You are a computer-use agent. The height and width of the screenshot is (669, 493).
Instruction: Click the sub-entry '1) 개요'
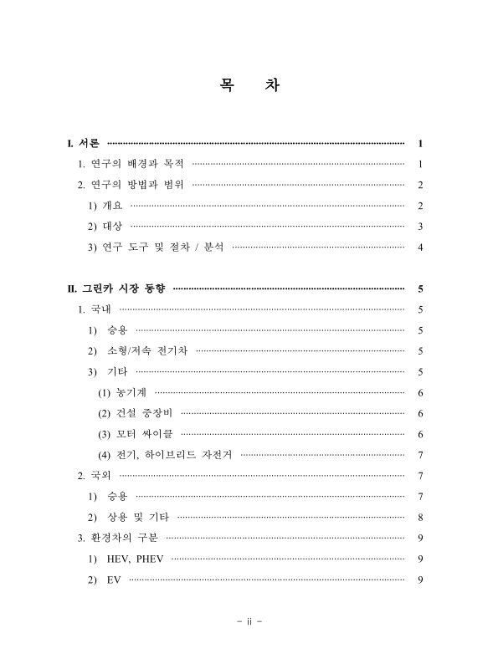click(105, 206)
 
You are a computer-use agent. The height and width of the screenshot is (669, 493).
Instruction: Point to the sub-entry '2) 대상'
click(105, 227)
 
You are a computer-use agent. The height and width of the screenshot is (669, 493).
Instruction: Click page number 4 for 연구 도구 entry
click(419, 248)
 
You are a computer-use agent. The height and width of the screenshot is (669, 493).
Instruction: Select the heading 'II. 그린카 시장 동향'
click(116, 289)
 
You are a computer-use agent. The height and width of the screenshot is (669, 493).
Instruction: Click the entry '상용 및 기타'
click(139, 518)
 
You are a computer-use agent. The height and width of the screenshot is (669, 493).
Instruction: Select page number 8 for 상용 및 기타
click(419, 518)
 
